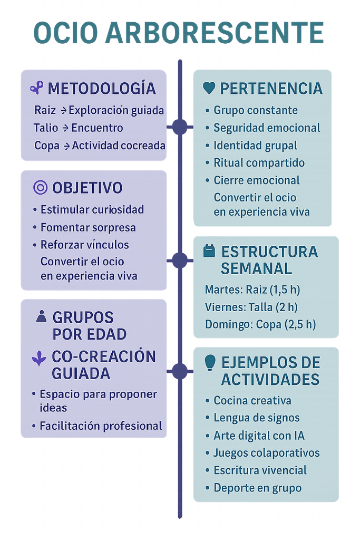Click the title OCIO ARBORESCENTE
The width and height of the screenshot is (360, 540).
pos(179,33)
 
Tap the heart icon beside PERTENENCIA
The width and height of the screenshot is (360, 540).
pos(209,88)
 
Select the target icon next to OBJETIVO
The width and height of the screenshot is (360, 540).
pos(40,188)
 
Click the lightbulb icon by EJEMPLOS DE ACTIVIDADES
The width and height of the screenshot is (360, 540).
pos(210,362)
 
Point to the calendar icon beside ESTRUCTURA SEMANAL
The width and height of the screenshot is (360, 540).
pos(209,250)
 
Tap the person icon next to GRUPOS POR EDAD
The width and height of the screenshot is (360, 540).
pos(41,316)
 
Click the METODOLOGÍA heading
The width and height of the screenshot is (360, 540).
pos(102,89)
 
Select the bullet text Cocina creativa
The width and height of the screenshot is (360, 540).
pos(252,400)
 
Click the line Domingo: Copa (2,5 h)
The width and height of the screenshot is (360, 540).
pos(260,324)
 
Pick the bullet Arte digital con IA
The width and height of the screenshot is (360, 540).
pos(259,435)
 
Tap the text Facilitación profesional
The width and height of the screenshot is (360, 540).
pos(101,426)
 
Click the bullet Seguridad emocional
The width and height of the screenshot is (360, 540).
pos(267,128)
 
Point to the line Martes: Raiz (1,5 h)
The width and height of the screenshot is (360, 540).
pos(252,290)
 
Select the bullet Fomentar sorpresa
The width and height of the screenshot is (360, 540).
pos(88,228)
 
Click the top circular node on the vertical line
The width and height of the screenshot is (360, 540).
pos(180,127)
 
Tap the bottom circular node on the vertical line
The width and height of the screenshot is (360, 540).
pos(180,371)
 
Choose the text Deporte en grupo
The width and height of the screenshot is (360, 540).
pos(257,488)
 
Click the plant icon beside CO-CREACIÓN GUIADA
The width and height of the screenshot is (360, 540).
pos(39,358)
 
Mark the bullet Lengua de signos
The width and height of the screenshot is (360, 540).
pos(256,418)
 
